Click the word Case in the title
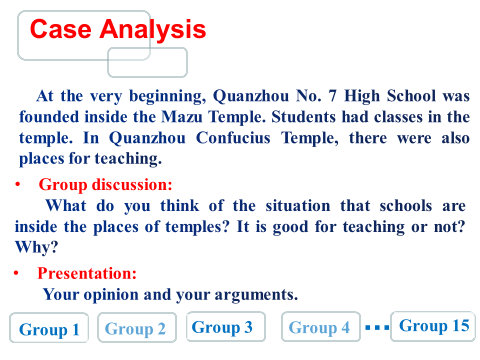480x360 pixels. (60, 29)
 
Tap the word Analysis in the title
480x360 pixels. (152, 29)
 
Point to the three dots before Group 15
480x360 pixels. (377, 328)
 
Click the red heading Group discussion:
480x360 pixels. (105, 185)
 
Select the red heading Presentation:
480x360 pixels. (87, 273)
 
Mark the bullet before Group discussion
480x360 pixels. (18, 184)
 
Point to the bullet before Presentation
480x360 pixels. (16, 273)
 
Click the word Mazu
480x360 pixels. (182, 117)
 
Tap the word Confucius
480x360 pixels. (233, 138)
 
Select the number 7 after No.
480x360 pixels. (333, 96)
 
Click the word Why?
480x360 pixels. (36, 247)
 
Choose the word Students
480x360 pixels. (303, 117)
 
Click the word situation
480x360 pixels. (298, 205)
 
